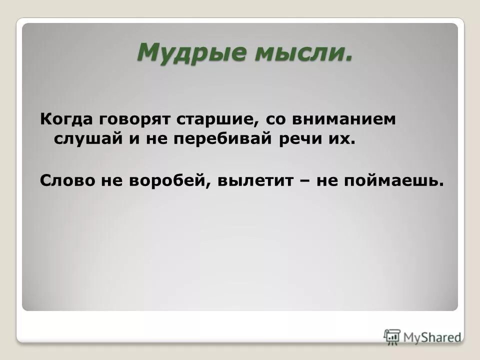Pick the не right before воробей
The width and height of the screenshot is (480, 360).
pyautogui.click(x=116, y=180)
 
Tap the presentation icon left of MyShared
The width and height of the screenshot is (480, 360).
pyautogui.click(x=392, y=336)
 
